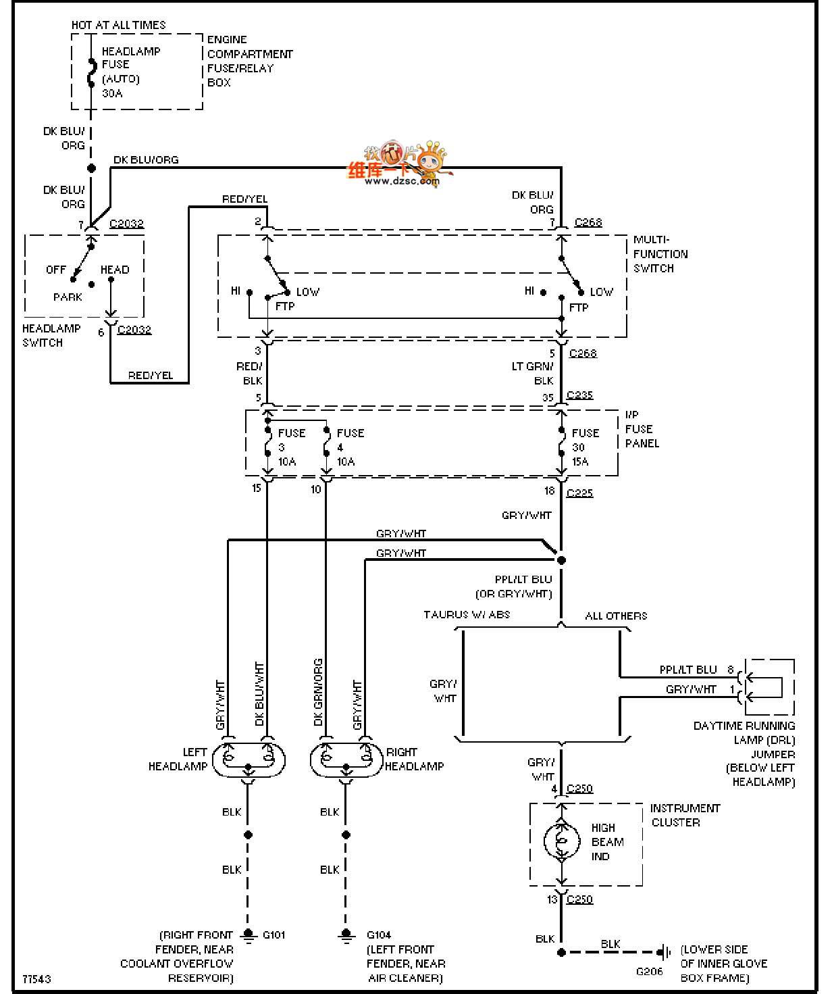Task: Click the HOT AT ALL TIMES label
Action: pyautogui.click(x=118, y=25)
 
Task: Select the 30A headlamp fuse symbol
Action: pyautogui.click(x=91, y=73)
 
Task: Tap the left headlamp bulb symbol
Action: pyautogui.click(x=249, y=760)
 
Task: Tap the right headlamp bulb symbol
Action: pyautogui.click(x=346, y=760)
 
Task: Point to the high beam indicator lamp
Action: pyautogui.click(x=561, y=841)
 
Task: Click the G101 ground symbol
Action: pyautogui.click(x=249, y=936)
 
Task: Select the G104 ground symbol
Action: pyautogui.click(x=346, y=936)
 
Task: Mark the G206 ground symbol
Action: pyautogui.click(x=664, y=952)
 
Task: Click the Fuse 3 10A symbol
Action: pyautogui.click(x=268, y=447)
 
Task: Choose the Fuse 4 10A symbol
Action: pyautogui.click(x=327, y=447)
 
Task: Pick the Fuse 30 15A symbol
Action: pyautogui.click(x=561, y=447)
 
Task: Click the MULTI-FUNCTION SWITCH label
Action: pyautogui.click(x=660, y=254)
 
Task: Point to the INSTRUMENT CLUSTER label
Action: pyautogui.click(x=684, y=815)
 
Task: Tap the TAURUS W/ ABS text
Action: pyautogui.click(x=467, y=615)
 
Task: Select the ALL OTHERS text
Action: pyautogui.click(x=616, y=616)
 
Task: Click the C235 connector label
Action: pyautogui.click(x=579, y=395)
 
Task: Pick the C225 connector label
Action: pyautogui.click(x=579, y=493)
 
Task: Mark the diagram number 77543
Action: pyautogui.click(x=36, y=978)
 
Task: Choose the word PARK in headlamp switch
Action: pyautogui.click(x=68, y=297)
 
